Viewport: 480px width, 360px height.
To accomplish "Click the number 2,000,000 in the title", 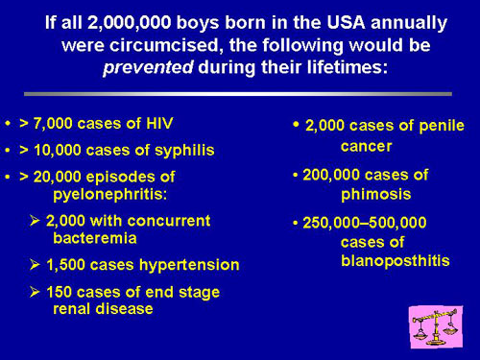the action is [x=129, y=23].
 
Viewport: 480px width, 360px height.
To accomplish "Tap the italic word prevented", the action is [x=148, y=68].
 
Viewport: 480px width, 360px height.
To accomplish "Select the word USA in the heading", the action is [x=346, y=22].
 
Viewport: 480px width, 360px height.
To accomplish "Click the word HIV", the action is [x=159, y=123].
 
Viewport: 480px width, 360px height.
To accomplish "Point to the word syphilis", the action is [x=184, y=151].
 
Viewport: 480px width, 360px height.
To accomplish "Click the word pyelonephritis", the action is [x=109, y=194].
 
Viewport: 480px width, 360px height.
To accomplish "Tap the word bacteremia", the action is [x=95, y=238].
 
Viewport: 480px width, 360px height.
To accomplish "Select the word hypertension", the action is [x=189, y=265].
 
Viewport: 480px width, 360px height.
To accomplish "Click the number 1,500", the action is [x=66, y=265].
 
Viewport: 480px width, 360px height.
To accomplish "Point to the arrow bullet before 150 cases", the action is [x=35, y=292].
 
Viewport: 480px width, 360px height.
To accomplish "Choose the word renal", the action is [x=72, y=309].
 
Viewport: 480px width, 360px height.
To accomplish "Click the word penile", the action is [x=442, y=126].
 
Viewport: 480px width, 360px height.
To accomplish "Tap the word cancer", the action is [x=367, y=147].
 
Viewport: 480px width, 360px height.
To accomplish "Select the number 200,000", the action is [x=331, y=176].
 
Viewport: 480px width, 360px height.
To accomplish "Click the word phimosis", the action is [x=376, y=195].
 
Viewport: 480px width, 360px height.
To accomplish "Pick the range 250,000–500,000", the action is [x=365, y=223].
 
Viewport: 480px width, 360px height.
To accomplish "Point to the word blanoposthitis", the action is [x=396, y=261].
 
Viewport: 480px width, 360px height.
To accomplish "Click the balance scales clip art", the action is [x=436, y=326].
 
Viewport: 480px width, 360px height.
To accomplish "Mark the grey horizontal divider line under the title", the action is [x=238, y=94].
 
